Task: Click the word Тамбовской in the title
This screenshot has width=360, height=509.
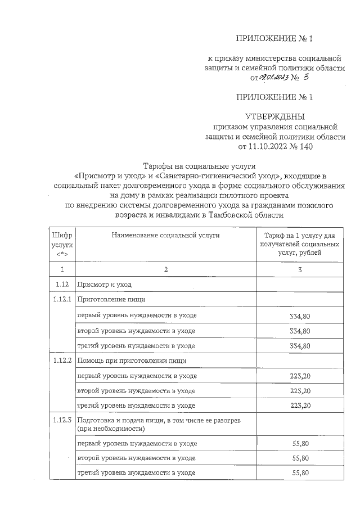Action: pyautogui.click(x=236, y=215)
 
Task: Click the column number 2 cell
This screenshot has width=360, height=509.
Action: pyautogui.click(x=165, y=270)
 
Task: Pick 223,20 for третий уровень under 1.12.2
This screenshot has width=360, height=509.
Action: pyautogui.click(x=300, y=405)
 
